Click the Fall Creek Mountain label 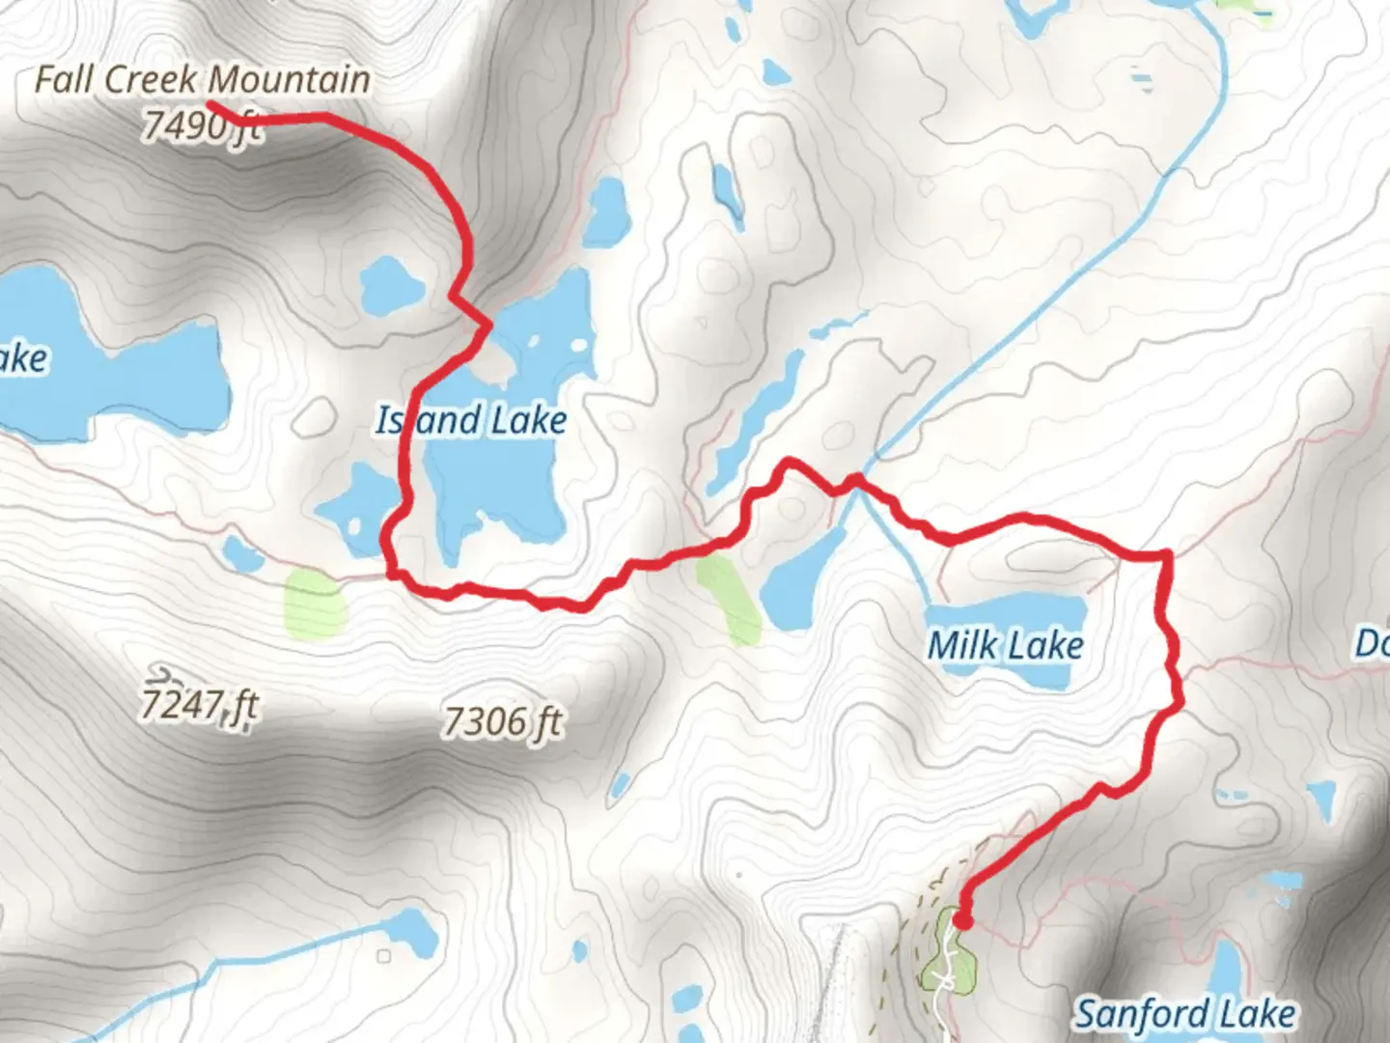pos(203,79)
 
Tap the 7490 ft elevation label pos(201,126)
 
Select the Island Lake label pos(471,421)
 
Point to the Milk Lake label pos(1005,645)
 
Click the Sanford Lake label pos(1185,1014)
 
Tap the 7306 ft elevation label pos(502,721)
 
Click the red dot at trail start pos(962,920)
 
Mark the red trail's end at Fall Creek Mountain pos(210,103)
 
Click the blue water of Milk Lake pos(1004,613)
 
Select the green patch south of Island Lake pos(315,605)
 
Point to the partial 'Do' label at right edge pos(1373,643)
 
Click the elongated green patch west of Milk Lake pos(730,599)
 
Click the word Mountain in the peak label pos(290,79)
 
